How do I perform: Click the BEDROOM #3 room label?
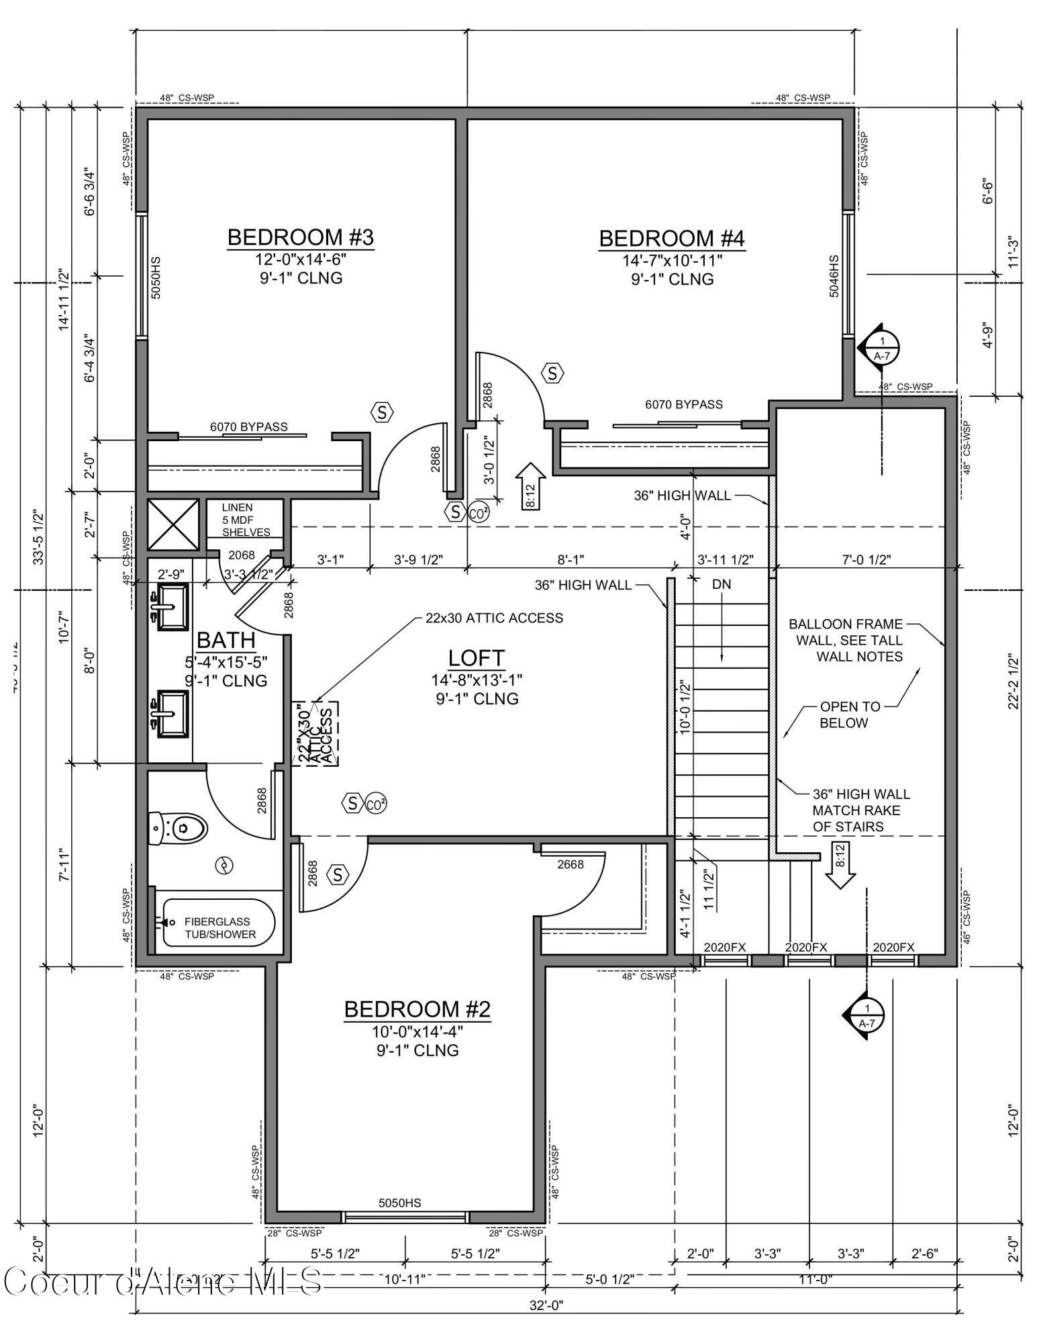coord(300,238)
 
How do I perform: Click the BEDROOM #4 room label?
coord(671,238)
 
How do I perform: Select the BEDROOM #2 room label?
coord(417,1009)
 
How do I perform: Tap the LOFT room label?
coord(476,658)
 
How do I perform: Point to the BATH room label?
coord(226,639)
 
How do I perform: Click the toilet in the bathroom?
coord(177,828)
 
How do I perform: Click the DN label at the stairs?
coord(721,585)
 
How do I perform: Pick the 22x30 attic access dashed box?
coord(316,733)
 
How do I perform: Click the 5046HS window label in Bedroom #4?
coord(834,276)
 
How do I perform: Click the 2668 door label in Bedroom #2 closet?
coord(571,864)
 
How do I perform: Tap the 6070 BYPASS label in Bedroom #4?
coord(683,404)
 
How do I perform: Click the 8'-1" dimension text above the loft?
coord(571,559)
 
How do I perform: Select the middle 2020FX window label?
coord(805,947)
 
